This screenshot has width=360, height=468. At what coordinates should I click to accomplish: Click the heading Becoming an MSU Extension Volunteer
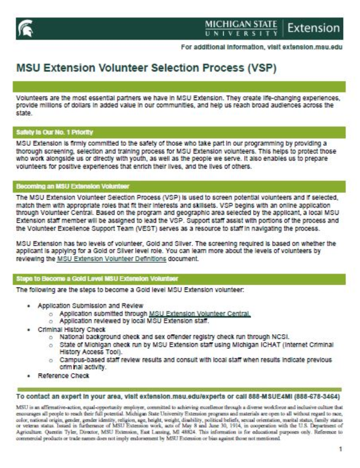(x=73, y=187)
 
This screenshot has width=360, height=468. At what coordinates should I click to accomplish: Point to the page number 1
(x=340, y=448)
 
